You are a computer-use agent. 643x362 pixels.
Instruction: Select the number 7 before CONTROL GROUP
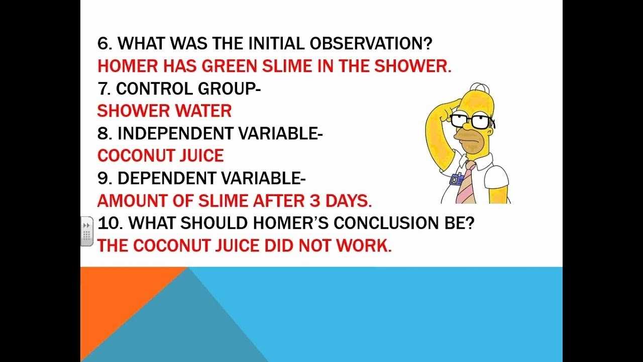point(103,88)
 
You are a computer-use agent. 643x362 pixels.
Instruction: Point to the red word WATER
point(207,111)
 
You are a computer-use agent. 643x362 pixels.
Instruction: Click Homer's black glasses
point(471,120)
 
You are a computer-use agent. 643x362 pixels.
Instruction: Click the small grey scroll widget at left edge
point(86,231)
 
